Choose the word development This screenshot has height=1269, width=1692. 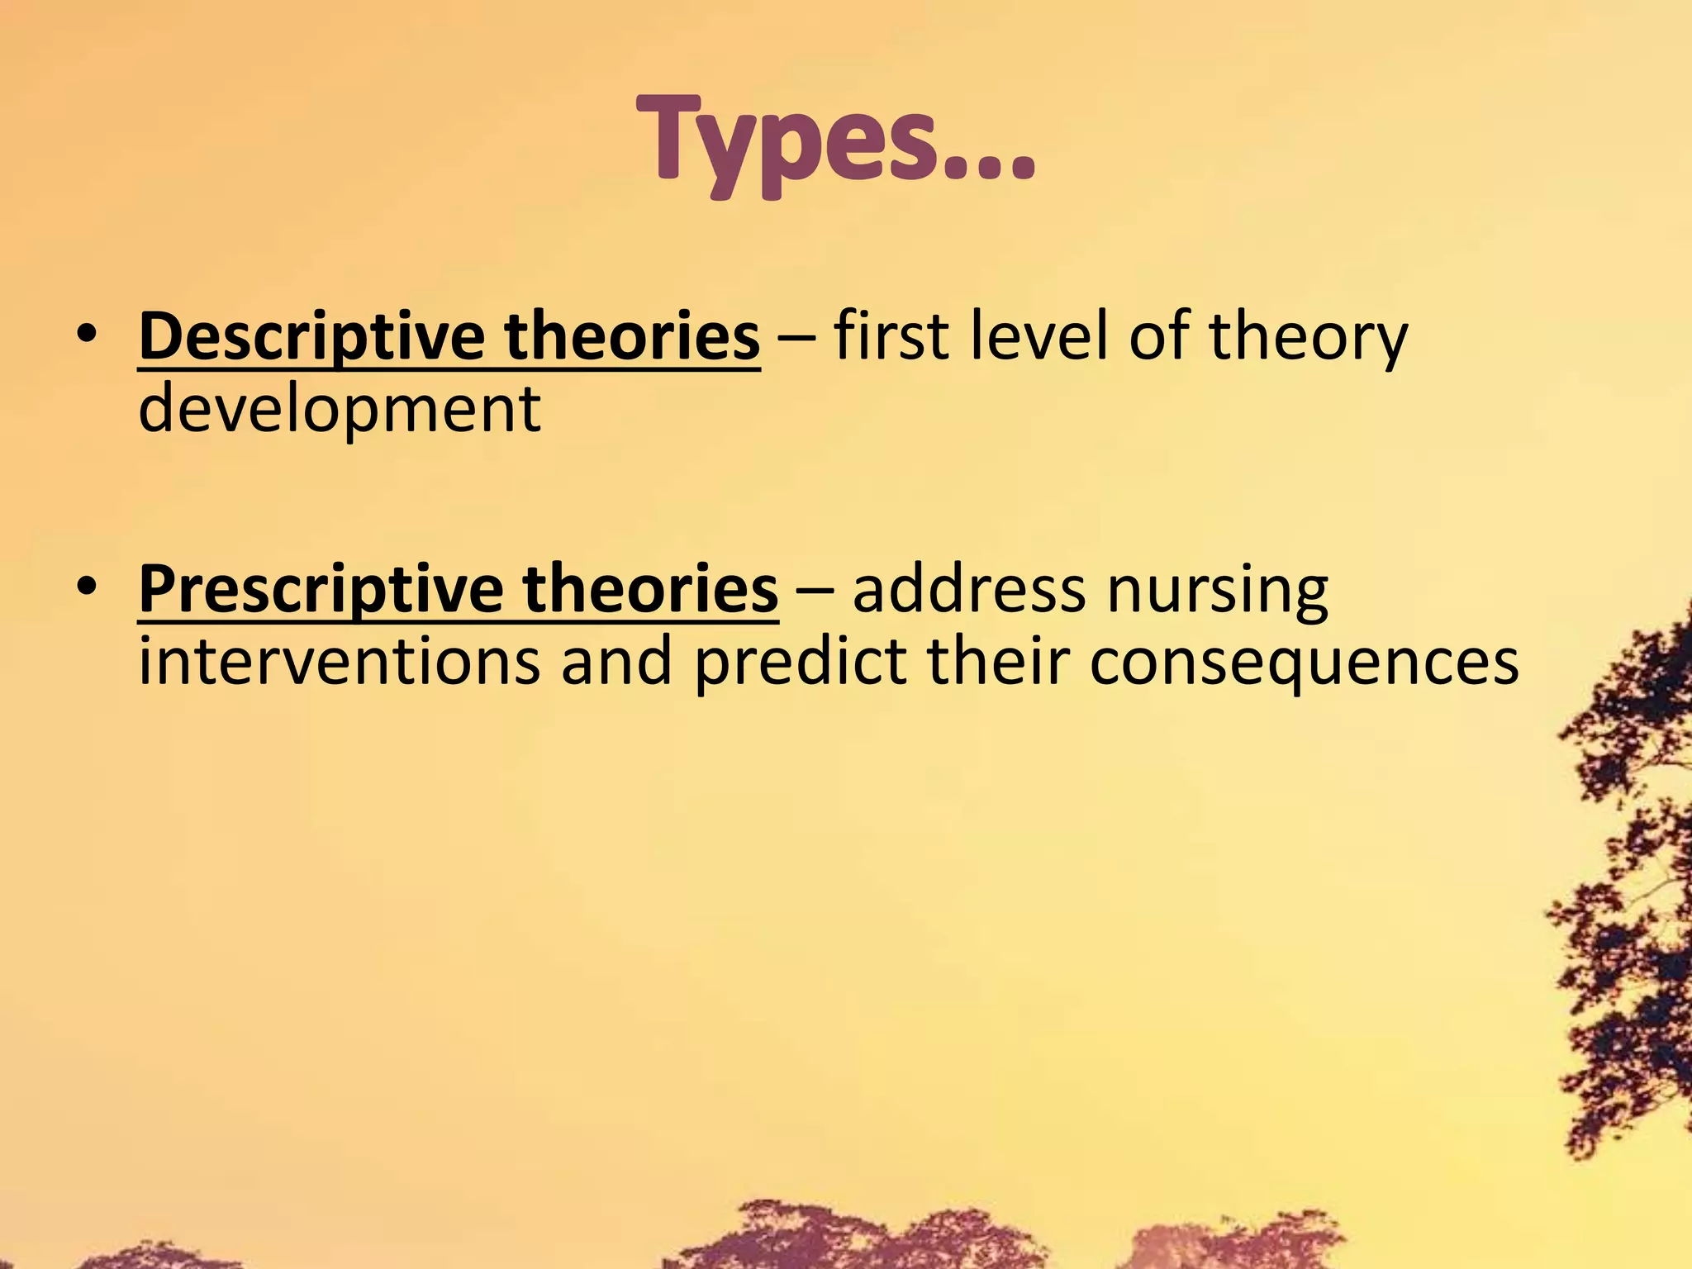pyautogui.click(x=339, y=410)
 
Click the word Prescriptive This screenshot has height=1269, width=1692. pyautogui.click(x=321, y=590)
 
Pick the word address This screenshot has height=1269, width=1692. pyautogui.click(x=969, y=590)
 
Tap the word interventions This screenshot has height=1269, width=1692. pyautogui.click(x=339, y=662)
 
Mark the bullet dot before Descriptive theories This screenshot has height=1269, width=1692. pyautogui.click(x=86, y=337)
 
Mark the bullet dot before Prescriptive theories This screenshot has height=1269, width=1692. pyautogui.click(x=86, y=590)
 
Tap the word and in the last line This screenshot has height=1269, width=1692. pyautogui.click(x=616, y=662)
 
